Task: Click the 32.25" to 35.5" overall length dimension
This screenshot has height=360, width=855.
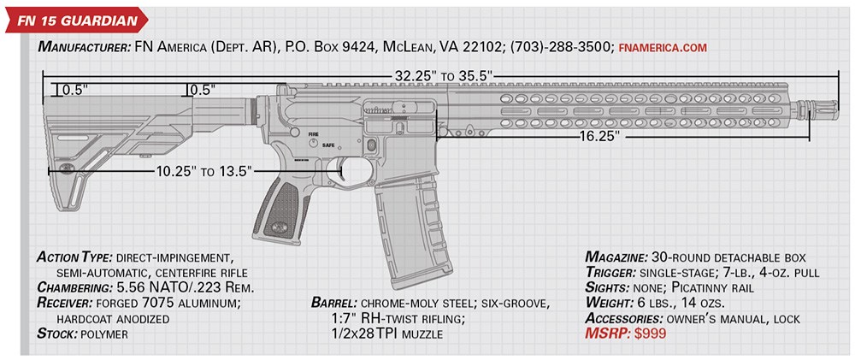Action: tap(441, 75)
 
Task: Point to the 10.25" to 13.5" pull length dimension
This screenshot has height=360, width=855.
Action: tap(203, 171)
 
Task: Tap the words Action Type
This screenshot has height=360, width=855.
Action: tap(74, 257)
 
